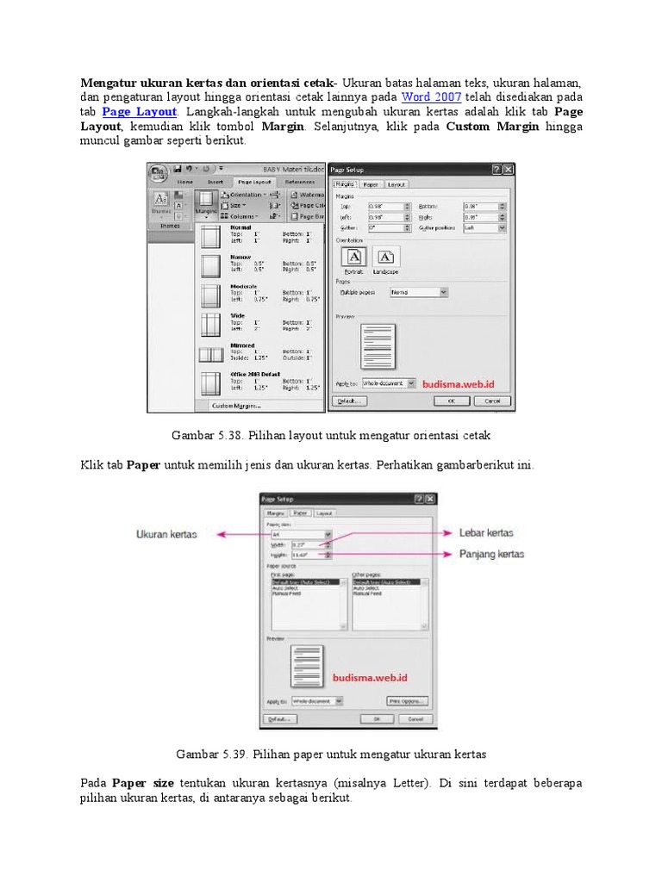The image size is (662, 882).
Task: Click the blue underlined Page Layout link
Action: (x=140, y=112)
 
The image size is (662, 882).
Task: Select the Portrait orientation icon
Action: (x=355, y=257)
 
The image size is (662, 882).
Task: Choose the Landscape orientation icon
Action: (x=386, y=257)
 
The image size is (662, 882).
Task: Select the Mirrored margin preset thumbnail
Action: (x=211, y=354)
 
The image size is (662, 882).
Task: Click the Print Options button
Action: (x=408, y=701)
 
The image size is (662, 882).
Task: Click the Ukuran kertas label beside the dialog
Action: (x=166, y=534)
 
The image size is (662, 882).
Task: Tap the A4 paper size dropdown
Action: (x=300, y=534)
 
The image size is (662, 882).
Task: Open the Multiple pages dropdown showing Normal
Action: (x=419, y=293)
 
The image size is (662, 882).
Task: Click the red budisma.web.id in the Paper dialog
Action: (x=368, y=678)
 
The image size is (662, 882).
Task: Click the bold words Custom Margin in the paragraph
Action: (x=492, y=127)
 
